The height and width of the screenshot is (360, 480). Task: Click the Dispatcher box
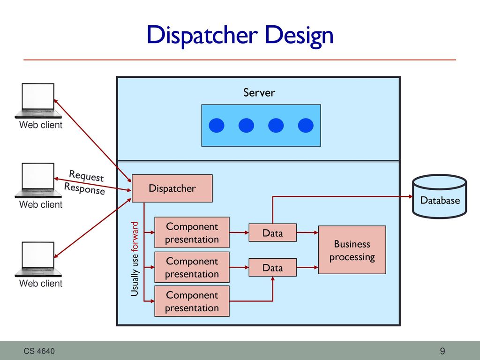[x=172, y=188]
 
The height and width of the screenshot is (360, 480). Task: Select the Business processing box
[x=352, y=250]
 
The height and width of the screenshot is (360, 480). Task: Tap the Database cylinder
[x=440, y=196]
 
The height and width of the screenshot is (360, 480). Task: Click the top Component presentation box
[x=192, y=232]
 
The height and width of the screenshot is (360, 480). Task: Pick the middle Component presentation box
[x=192, y=267]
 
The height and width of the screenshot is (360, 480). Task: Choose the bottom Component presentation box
[x=192, y=301]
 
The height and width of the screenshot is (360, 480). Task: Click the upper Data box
[x=272, y=232]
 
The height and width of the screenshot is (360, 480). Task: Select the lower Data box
[x=272, y=268]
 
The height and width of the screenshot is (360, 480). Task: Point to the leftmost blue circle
[x=217, y=126]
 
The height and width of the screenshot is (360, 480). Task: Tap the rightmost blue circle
[x=306, y=126]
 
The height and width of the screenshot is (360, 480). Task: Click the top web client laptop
[x=38, y=101]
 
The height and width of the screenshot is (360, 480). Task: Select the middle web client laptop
[x=38, y=180]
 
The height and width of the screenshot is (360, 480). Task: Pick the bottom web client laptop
[x=38, y=259]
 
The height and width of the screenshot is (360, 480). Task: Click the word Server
[x=259, y=92]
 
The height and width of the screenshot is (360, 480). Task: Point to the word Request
[x=86, y=176]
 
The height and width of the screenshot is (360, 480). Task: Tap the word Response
[x=84, y=188]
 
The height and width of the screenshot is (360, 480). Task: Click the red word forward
[x=135, y=237]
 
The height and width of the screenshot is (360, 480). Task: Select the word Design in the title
[x=299, y=36]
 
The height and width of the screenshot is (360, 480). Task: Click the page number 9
[x=442, y=351]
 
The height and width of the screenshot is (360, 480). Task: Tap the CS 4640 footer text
[x=39, y=351]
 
